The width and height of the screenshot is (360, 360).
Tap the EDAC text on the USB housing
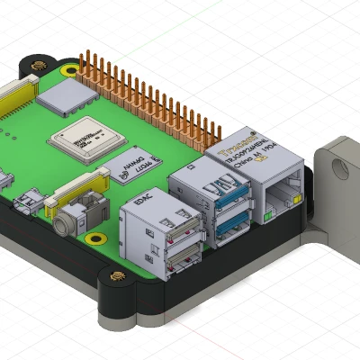(x=143, y=202)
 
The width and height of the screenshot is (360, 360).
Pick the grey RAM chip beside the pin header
(x=68, y=96)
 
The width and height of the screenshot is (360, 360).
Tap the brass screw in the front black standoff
(x=116, y=277)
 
